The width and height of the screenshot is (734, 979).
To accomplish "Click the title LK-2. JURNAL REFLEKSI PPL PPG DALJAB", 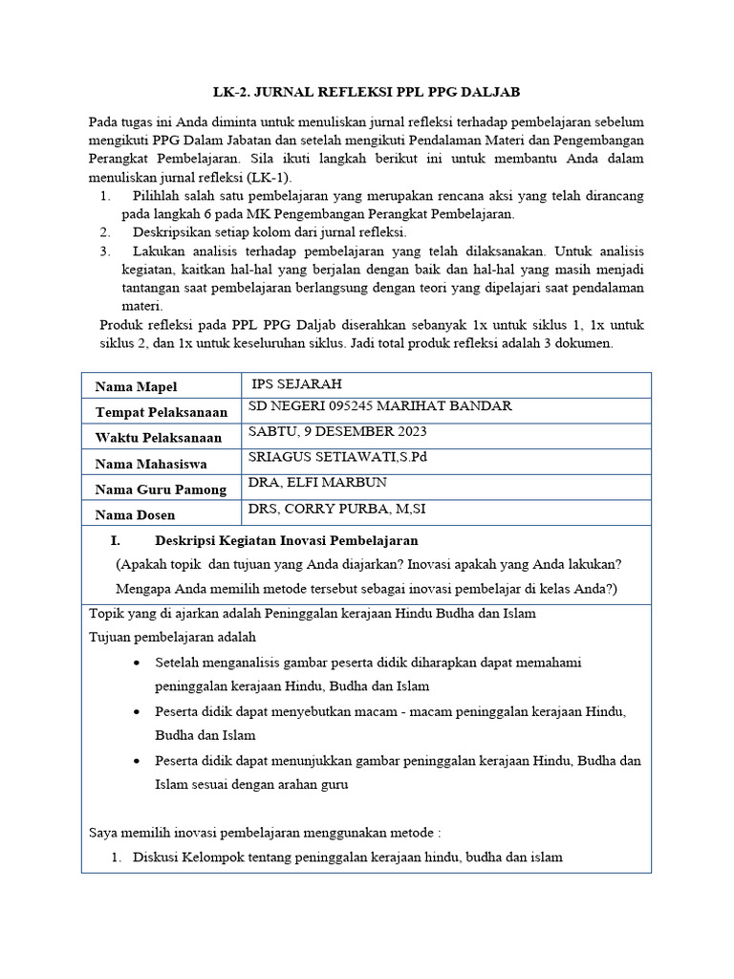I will (366, 91).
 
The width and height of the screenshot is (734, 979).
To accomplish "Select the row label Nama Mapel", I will (136, 386).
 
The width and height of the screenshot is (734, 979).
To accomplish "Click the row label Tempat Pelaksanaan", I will (162, 412).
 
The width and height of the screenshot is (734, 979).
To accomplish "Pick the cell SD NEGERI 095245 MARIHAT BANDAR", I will (379, 406).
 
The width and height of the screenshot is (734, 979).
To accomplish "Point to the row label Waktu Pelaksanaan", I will (159, 438).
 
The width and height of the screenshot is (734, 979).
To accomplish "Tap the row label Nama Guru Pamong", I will (161, 489).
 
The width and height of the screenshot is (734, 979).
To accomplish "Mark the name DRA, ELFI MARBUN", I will (311, 483).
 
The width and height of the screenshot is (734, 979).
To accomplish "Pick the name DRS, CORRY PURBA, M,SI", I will (337, 509).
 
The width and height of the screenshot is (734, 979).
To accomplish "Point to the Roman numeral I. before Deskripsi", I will (115, 541).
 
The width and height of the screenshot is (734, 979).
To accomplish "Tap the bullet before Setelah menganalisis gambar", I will (140, 663).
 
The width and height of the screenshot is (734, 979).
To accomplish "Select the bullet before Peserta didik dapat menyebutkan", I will (140, 712).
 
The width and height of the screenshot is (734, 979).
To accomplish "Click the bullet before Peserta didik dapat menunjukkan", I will (140, 761).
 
